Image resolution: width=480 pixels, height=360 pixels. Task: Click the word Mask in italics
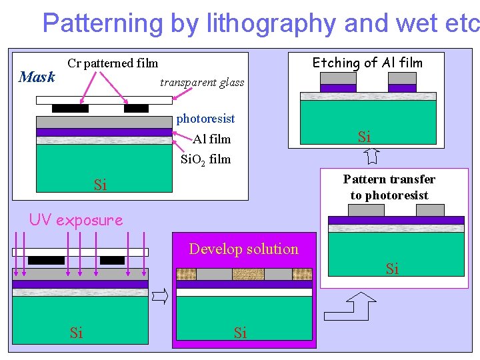[x=37, y=77]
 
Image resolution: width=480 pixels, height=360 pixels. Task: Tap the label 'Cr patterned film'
[x=113, y=63]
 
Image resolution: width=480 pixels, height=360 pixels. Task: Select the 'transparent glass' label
[x=202, y=83]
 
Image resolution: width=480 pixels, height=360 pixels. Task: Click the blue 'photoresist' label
[x=205, y=119]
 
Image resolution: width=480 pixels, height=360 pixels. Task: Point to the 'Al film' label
[x=211, y=139]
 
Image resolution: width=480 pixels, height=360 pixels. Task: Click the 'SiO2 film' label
[x=206, y=159]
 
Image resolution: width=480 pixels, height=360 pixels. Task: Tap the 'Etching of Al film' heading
[x=367, y=63]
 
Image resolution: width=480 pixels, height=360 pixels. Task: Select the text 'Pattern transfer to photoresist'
[x=389, y=187]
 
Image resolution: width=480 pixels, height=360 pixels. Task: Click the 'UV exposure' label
[x=76, y=220]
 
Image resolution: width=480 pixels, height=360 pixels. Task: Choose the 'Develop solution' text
[x=243, y=249]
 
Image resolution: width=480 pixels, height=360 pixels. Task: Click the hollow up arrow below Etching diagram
[x=371, y=157]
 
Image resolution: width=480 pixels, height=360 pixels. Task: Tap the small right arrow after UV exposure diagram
[x=160, y=296]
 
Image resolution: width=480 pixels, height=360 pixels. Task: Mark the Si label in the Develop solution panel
[x=240, y=333]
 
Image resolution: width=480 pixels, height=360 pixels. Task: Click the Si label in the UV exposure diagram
[x=77, y=333]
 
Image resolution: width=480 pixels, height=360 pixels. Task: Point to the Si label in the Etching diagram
[x=364, y=137]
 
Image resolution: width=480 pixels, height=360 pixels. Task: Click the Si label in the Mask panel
[x=100, y=185]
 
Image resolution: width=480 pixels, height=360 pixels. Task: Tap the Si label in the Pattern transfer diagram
[x=392, y=269]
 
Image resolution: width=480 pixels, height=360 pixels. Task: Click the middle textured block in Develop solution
[x=248, y=274]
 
